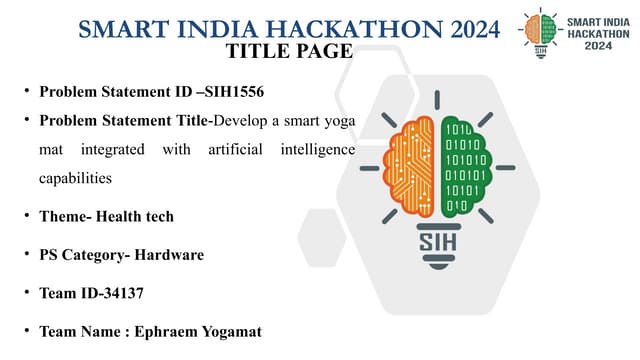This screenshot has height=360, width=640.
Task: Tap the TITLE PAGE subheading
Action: tap(289, 50)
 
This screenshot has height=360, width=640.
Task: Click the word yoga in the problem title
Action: tap(339, 120)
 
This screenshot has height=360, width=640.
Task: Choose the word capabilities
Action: tap(75, 177)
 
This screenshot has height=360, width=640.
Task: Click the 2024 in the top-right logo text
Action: tap(599, 45)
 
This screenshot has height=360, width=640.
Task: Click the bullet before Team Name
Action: tap(27, 330)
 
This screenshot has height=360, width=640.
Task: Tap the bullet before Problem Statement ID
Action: tap(27, 92)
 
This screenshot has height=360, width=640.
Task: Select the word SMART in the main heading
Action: tap(117, 29)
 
